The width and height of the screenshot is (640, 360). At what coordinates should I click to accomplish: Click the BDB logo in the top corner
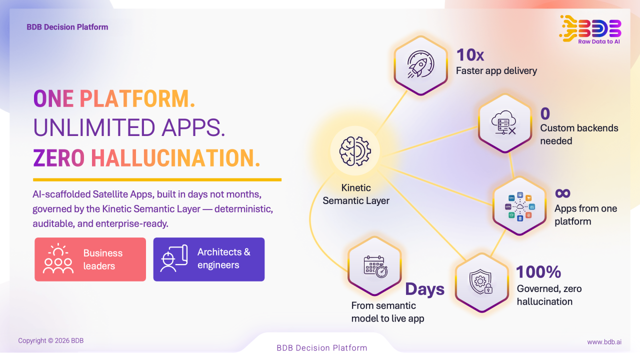click(x=591, y=29)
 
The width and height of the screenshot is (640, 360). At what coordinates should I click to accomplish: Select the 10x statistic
click(x=470, y=54)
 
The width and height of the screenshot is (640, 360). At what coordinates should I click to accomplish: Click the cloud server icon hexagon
click(x=504, y=122)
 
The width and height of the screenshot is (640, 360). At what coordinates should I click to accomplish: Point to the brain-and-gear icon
click(x=355, y=150)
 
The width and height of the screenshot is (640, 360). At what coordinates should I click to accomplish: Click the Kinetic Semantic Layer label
click(x=356, y=194)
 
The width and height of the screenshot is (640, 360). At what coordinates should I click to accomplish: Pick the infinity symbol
click(x=562, y=193)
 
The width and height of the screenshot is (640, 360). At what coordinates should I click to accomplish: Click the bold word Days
click(x=424, y=289)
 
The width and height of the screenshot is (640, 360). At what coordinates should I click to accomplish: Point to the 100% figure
click(x=538, y=271)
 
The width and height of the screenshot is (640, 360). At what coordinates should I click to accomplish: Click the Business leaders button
click(x=90, y=259)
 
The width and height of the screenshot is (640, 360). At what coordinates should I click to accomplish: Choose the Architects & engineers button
click(x=208, y=259)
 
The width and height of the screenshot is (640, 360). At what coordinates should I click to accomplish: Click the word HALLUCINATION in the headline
click(x=175, y=158)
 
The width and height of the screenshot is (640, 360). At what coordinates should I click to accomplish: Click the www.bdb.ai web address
click(x=604, y=342)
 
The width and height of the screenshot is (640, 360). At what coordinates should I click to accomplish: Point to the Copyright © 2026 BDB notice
click(x=51, y=341)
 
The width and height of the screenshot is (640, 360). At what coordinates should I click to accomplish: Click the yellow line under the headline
click(x=157, y=179)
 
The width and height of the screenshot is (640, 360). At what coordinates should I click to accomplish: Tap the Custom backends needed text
click(x=579, y=134)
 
